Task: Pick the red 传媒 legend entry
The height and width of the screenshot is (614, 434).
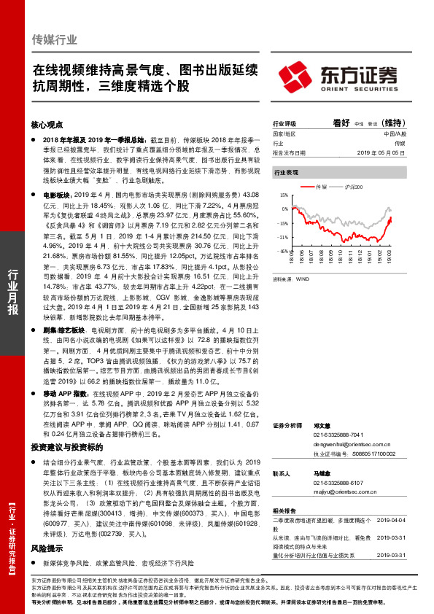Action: click(x=320, y=187)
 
